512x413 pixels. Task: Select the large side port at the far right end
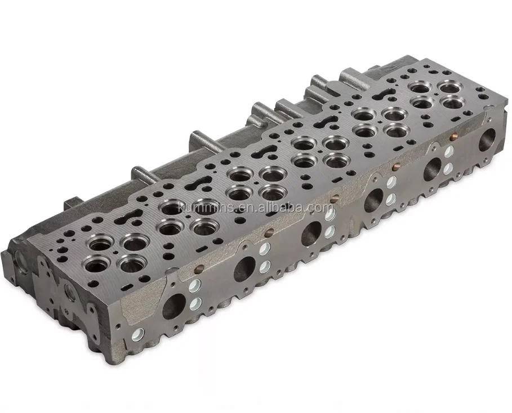(x=488, y=140)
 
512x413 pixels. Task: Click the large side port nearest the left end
(x=174, y=306)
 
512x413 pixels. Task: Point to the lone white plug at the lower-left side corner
(x=138, y=335)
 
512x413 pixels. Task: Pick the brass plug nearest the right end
(x=452, y=137)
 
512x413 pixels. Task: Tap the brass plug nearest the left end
(x=199, y=269)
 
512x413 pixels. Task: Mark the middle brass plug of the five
(x=335, y=199)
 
